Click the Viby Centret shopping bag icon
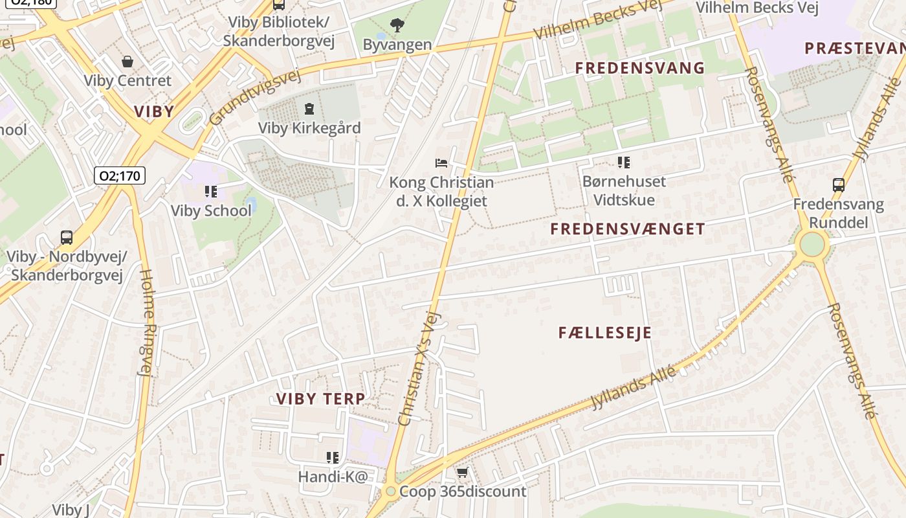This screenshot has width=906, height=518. tap(127, 62)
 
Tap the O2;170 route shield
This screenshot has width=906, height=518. tap(120, 175)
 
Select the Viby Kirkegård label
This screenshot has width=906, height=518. tap(309, 128)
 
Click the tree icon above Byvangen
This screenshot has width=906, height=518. tap(397, 25)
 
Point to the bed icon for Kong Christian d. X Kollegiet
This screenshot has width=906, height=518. tap(441, 163)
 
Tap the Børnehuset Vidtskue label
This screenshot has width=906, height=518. tap(624, 190)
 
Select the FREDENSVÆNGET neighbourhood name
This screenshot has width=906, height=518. tap(627, 229)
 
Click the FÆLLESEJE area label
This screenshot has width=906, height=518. tap(604, 333)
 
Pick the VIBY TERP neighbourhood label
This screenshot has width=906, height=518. tap(320, 398)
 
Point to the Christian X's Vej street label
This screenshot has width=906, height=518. tap(419, 368)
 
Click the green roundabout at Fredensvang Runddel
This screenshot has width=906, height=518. tap(812, 245)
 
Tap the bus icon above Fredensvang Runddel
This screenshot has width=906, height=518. tap(838, 185)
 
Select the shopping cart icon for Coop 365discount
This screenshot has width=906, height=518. tap(462, 473)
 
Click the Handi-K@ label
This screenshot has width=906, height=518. tap(333, 477)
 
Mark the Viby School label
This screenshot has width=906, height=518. tap(211, 210)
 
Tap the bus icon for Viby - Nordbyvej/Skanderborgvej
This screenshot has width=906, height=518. tap(67, 237)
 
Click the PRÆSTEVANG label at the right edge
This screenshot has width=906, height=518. tap(854, 48)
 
